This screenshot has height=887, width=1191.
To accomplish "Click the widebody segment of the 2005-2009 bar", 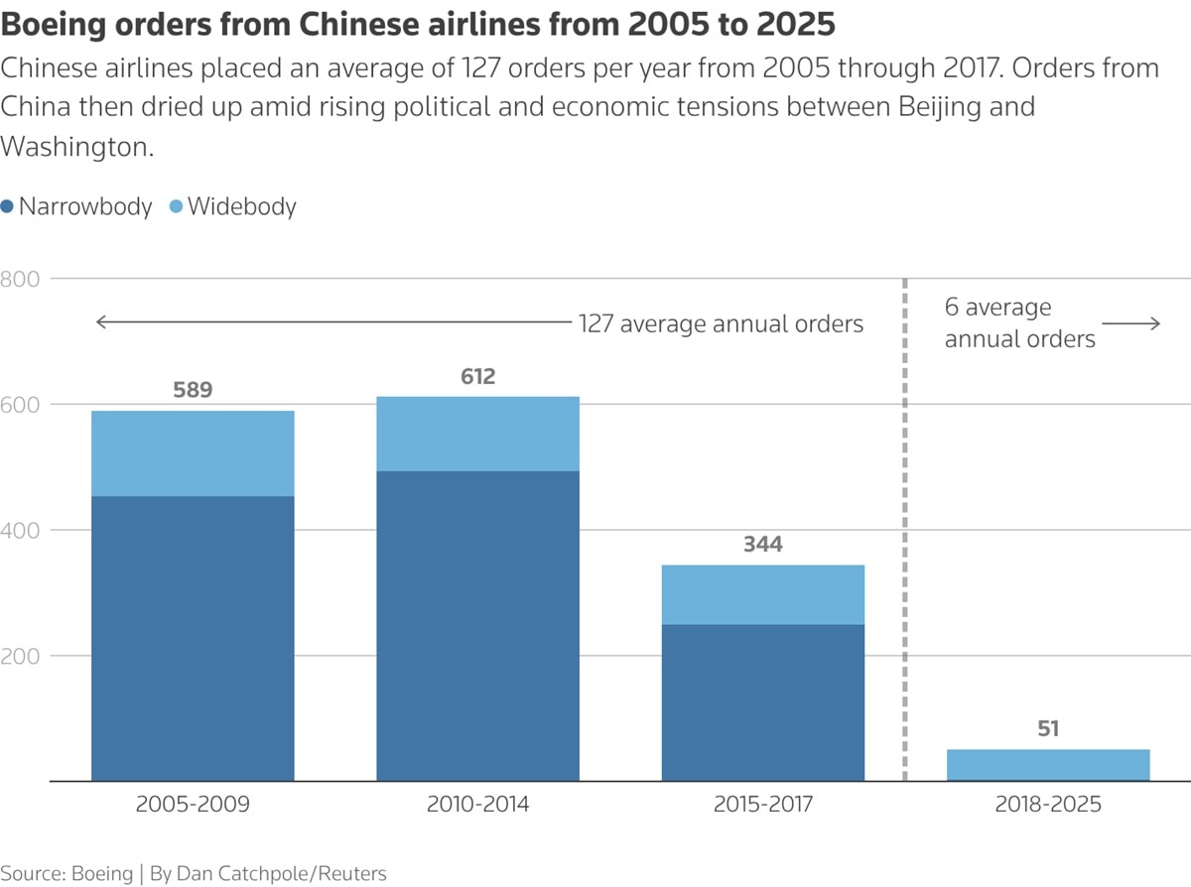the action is coord(193,453).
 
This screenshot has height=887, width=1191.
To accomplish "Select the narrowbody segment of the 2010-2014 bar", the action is coord(478,626).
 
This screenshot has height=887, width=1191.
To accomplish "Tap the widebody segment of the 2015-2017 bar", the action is coord(763,595).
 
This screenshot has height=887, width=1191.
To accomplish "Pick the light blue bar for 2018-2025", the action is coord(1048,765).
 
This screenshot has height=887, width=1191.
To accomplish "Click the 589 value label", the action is coord(193,390).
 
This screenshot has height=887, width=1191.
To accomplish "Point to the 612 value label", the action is coord(478,376).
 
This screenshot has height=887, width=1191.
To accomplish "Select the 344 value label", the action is coord(763,545).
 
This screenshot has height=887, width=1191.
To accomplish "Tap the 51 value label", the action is coord(1048,728).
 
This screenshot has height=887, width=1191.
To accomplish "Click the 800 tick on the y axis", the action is coord(20,279).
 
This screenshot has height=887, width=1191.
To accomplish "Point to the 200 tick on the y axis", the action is coord(20,656).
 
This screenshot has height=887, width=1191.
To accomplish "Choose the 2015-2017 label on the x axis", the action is coord(763,805).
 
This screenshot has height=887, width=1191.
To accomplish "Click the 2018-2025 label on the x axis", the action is coord(1048,805).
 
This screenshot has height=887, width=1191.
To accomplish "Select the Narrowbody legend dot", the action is coord(7,206).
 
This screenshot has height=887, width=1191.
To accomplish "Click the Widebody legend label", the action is coord(241,206).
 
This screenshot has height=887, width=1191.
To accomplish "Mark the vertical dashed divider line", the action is coord(905,530).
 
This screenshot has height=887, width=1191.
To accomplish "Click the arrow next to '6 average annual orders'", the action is coord(1130,323).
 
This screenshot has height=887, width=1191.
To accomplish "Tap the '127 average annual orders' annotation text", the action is coord(721,323).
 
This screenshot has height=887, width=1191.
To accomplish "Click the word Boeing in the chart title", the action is coord(54,25).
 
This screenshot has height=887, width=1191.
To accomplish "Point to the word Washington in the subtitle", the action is coord(76,147).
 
